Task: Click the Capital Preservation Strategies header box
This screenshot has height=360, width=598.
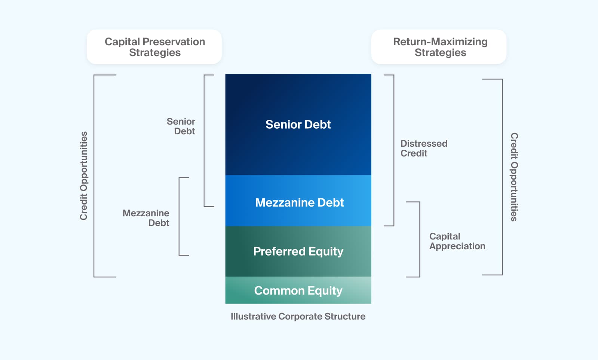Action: click(x=154, y=47)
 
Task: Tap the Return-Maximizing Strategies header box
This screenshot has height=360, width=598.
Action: click(x=439, y=47)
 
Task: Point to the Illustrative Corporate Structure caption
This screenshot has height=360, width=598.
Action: click(x=298, y=316)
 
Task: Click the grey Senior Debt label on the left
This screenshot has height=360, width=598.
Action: click(x=181, y=126)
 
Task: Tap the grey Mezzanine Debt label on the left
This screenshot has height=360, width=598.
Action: click(x=147, y=218)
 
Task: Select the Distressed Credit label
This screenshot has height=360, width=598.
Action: click(x=423, y=148)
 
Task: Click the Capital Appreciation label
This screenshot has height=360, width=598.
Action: click(x=457, y=241)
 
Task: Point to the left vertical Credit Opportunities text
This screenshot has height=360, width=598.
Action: click(x=83, y=176)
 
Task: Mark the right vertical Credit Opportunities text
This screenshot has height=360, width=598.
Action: click(x=515, y=177)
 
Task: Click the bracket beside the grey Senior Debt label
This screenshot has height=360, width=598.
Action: click(x=205, y=141)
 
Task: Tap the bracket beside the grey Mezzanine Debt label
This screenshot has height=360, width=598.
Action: click(x=180, y=216)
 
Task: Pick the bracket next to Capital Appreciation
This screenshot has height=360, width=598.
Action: click(x=419, y=240)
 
